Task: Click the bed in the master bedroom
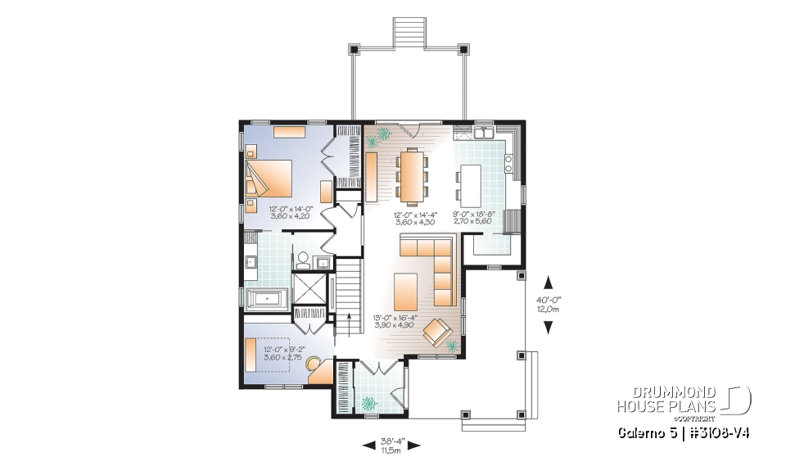270,175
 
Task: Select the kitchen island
470,185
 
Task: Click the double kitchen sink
482,132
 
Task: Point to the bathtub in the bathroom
264,298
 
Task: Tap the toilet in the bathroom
302,260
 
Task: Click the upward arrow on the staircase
350,319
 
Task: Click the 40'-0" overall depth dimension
548,304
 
